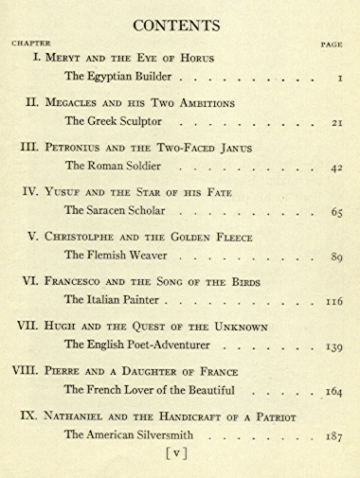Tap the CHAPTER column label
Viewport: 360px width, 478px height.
[x=30, y=44]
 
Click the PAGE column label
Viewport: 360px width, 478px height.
[x=331, y=44]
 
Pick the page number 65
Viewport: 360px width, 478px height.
[x=335, y=212]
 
